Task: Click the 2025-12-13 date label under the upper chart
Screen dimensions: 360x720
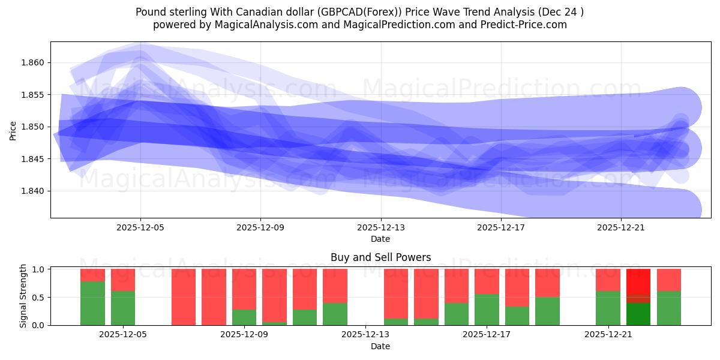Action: click(380, 228)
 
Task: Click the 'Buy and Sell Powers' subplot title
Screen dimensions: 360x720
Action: click(380, 257)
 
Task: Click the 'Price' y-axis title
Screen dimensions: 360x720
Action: click(13, 130)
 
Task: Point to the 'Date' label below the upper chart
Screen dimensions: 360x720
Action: click(380, 239)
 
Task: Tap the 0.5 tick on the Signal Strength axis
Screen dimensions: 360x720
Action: click(39, 298)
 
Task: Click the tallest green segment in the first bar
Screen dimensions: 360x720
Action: click(92, 303)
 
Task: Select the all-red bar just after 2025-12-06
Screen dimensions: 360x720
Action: click(184, 297)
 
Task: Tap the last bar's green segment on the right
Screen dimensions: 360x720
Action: click(668, 308)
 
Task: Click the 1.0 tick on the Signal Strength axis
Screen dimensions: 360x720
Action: click(39, 269)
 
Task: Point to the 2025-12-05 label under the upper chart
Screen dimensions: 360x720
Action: click(140, 228)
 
